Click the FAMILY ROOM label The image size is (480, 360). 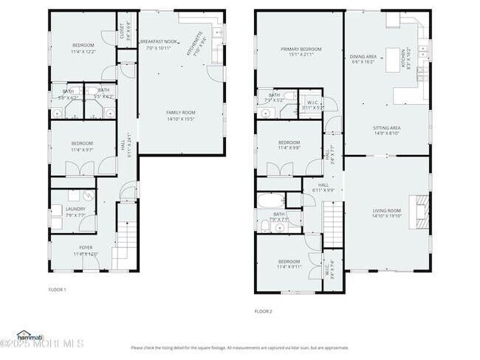pos(180,112)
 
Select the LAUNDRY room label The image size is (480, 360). pos(75,209)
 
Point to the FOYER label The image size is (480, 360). pos(86,247)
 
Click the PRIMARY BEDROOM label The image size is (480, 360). pos(301,49)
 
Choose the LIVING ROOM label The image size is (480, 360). pos(385,211)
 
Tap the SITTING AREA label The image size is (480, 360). pos(386,128)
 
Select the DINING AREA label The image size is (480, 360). pos(363,56)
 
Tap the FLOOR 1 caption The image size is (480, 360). pos(57,289)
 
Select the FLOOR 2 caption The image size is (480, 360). pos(264,311)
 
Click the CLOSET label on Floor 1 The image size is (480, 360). pos(123,31)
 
